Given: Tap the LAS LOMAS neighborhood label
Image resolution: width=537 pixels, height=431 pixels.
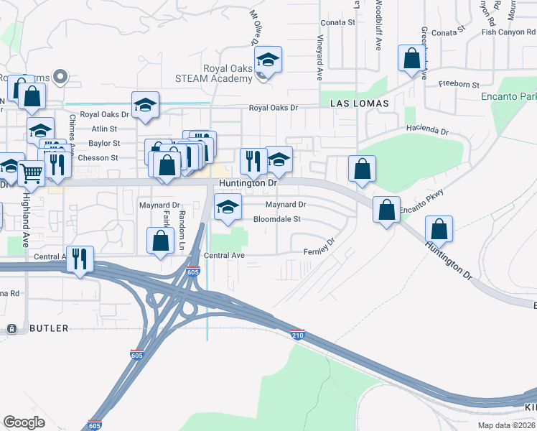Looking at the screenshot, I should pos(360,103).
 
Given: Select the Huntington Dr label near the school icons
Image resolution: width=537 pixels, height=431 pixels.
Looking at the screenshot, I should pos(248,184).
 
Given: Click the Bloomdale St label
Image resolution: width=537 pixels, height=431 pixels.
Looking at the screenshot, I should pos(276,219).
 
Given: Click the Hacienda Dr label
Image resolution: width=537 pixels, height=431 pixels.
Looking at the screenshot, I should pos(427,132).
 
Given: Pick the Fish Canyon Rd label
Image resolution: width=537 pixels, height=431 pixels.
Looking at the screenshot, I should pos(509,32).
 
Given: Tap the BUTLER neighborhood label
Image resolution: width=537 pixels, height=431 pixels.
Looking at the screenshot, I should pos(50,328).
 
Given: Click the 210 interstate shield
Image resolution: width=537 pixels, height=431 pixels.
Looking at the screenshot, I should pos(298,335).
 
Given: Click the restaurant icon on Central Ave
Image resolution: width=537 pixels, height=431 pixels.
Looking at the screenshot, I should pos(80,258).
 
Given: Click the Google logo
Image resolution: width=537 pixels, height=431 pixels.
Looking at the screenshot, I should pos(24,422).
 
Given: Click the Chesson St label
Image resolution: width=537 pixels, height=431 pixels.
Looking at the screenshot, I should pos(98,158).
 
